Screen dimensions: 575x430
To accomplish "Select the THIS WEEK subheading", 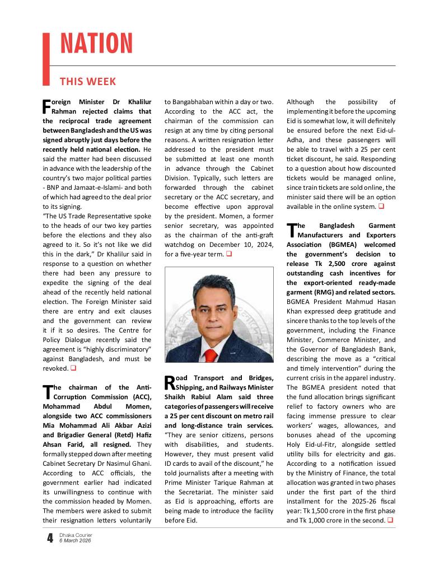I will (87, 82).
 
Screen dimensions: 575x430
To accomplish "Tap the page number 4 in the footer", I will (50, 539).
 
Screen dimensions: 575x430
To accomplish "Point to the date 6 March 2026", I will (76, 541).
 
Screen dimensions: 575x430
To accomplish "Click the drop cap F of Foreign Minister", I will (46, 106).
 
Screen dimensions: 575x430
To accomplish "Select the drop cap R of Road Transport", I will (170, 382).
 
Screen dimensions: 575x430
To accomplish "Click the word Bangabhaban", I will (194, 102).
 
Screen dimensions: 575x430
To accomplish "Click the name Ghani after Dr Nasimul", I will (141, 464).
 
